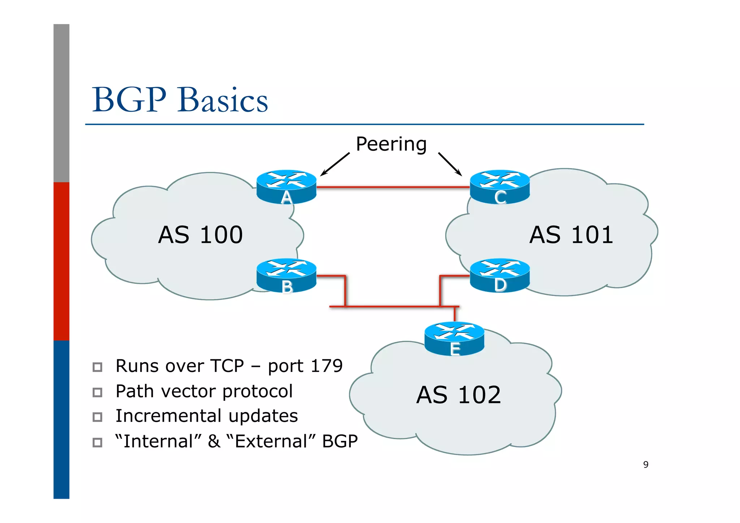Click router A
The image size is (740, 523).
point(286,187)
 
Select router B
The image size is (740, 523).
point(286,275)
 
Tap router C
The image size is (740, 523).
point(500,187)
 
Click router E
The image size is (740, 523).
point(454,338)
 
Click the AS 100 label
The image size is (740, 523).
point(200,235)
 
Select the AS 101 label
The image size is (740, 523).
point(571,235)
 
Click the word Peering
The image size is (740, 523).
point(391,144)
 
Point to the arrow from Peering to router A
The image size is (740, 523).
point(335,164)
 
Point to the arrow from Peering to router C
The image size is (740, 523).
point(450,164)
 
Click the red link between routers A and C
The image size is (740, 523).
point(393,187)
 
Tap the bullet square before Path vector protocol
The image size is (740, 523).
point(97,392)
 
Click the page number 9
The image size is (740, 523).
point(646,464)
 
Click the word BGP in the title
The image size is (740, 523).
point(129,100)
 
